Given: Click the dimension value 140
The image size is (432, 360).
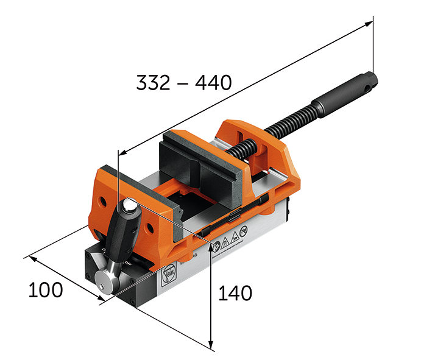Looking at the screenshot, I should coord(235,293).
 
